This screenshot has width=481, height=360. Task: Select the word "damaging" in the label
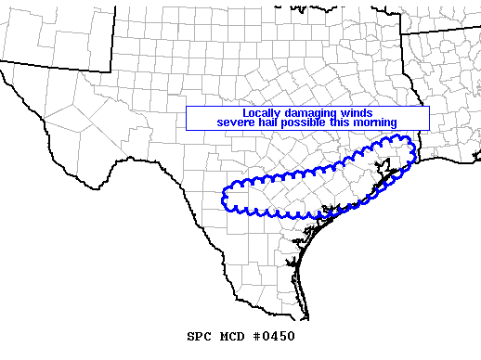[x=299, y=113]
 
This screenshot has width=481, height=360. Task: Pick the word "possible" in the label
[x=307, y=122]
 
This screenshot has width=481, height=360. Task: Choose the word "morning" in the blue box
[x=376, y=122]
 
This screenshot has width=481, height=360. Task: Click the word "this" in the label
[x=342, y=122]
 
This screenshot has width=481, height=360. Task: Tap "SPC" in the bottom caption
[x=200, y=336]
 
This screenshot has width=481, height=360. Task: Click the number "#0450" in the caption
[x=275, y=336]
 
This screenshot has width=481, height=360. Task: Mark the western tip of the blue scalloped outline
[x=223, y=197]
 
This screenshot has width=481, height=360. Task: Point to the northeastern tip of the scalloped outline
[x=411, y=141]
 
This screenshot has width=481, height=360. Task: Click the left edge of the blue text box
[x=187, y=119]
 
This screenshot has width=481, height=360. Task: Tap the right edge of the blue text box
[x=430, y=119]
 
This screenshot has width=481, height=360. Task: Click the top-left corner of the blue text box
[x=187, y=108]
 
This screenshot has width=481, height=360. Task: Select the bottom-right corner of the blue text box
[x=430, y=130]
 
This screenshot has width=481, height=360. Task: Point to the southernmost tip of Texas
[x=307, y=318]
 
